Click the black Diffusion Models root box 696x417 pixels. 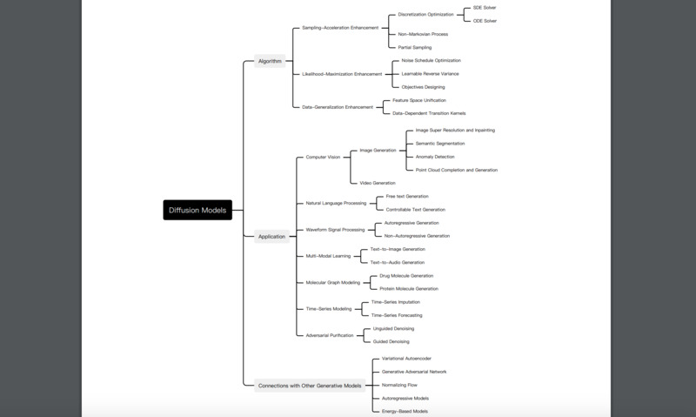pyautogui.click(x=197, y=210)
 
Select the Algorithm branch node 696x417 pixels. pyautogui.click(x=270, y=61)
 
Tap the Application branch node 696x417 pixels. pyautogui.click(x=271, y=236)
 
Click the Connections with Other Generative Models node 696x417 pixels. pyautogui.click(x=310, y=386)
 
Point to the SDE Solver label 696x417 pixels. pyautogui.click(x=485, y=8)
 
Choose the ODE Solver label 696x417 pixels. pyautogui.click(x=485, y=21)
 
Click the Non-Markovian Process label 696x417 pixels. pyautogui.click(x=423, y=34)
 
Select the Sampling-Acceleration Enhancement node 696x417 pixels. pyautogui.click(x=340, y=28)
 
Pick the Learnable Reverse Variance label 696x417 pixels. pyautogui.click(x=430, y=74)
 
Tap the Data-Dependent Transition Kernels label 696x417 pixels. pyautogui.click(x=429, y=113)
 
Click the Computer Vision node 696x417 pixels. pyautogui.click(x=323, y=158)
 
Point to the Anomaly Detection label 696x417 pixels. pyautogui.click(x=435, y=157)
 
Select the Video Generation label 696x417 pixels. pyautogui.click(x=378, y=183)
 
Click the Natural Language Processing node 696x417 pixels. pyautogui.click(x=336, y=203)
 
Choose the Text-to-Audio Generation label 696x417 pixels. pyautogui.click(x=398, y=262)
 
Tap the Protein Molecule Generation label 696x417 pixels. pyautogui.click(x=409, y=289)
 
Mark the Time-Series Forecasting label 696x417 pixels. pyautogui.click(x=397, y=315)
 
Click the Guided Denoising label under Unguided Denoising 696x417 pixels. pyautogui.click(x=391, y=341)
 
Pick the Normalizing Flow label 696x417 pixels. pyautogui.click(x=399, y=385)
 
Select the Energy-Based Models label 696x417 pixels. pyautogui.click(x=405, y=411)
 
